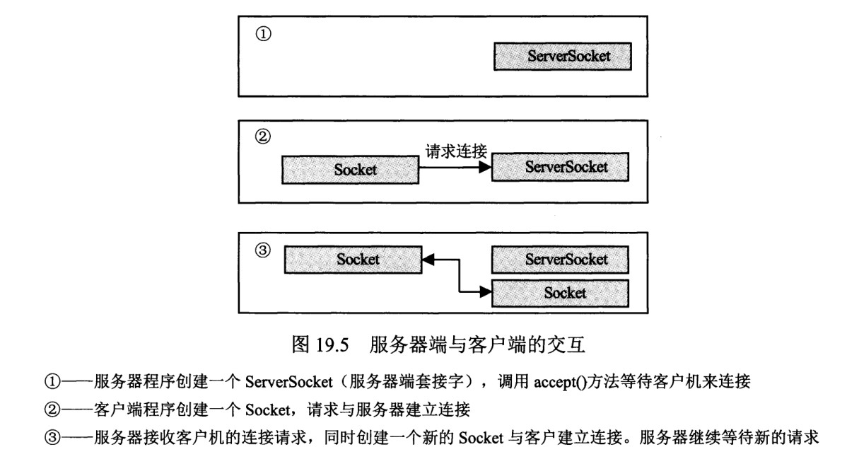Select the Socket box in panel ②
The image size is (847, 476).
(x=348, y=170)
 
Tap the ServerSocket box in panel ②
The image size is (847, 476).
(x=561, y=168)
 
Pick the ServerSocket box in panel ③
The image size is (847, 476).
(x=561, y=260)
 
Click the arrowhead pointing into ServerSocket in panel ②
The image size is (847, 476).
(x=484, y=168)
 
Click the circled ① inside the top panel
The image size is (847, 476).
(x=261, y=35)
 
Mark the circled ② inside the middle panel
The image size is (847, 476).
(x=261, y=134)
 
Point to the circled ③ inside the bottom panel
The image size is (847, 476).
(x=261, y=252)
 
